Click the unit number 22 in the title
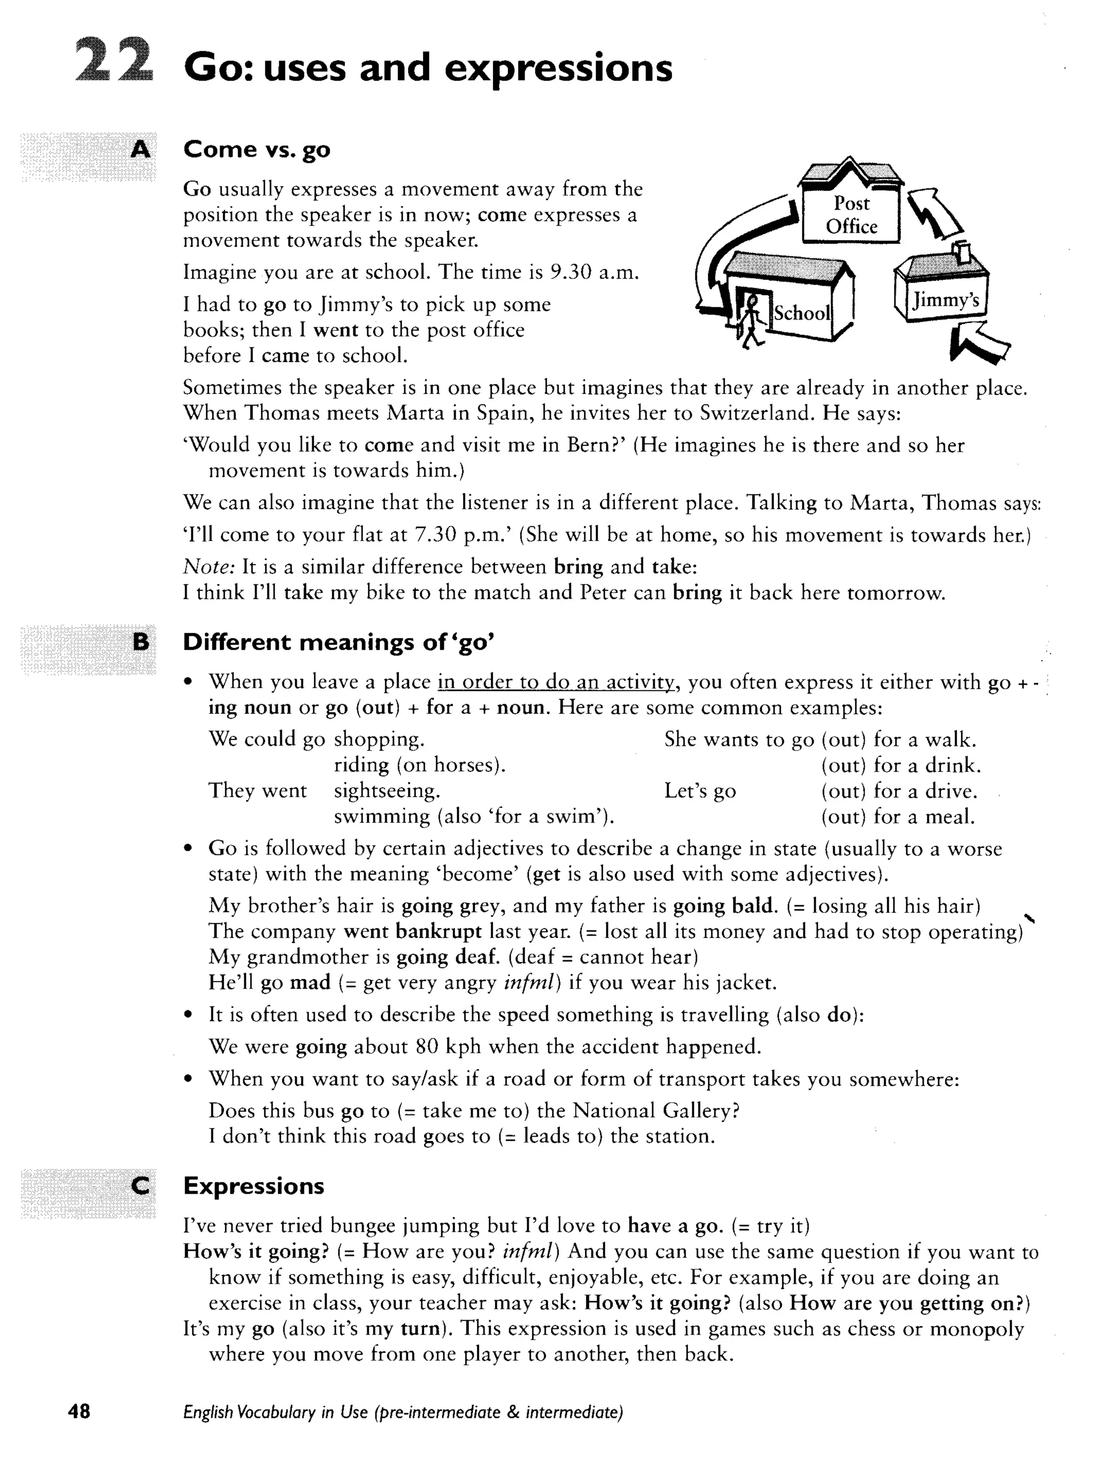click(114, 61)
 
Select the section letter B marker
click(141, 641)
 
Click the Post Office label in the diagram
click(851, 214)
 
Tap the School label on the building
click(801, 313)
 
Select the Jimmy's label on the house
click(945, 300)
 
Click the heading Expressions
click(254, 1185)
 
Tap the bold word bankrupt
click(438, 931)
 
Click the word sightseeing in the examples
click(387, 791)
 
